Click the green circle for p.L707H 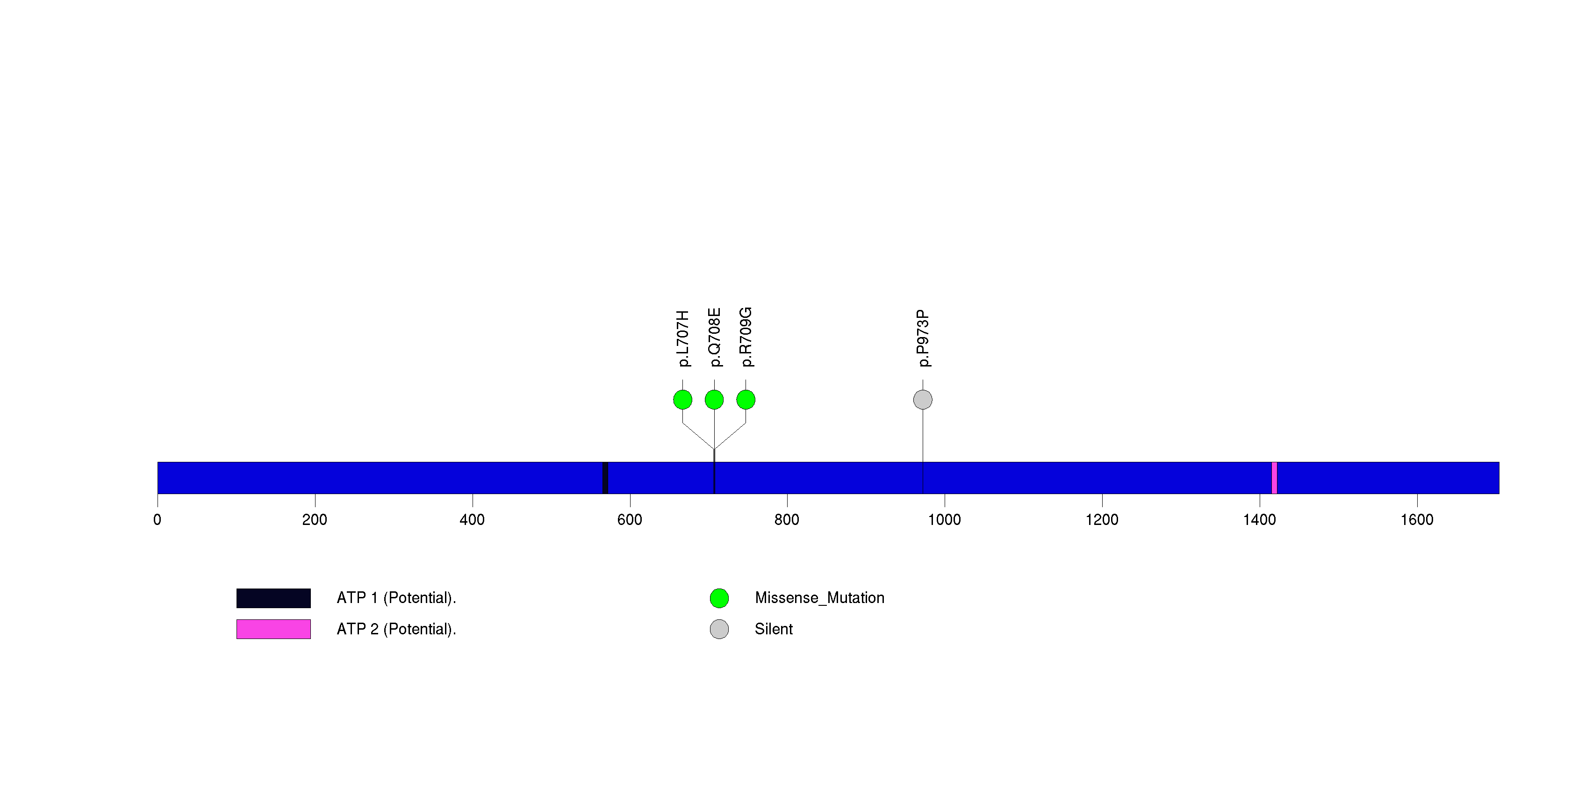pos(682,400)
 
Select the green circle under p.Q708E pos(714,400)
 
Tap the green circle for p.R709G pos(746,400)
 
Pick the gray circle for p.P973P pos(923,400)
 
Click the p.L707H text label pos(682,338)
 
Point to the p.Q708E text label pos(714,338)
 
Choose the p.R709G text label pos(746,338)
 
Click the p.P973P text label pos(923,338)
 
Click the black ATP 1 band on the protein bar pos(605,478)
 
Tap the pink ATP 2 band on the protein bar pos(1274,478)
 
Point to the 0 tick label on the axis pos(158,520)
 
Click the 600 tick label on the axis pos(630,520)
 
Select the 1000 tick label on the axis pos(944,520)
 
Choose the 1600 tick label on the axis pos(1416,520)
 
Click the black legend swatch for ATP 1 pos(273,598)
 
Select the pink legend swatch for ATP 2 pos(273,629)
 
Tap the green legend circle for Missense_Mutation pos(719,598)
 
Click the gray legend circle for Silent pos(719,629)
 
